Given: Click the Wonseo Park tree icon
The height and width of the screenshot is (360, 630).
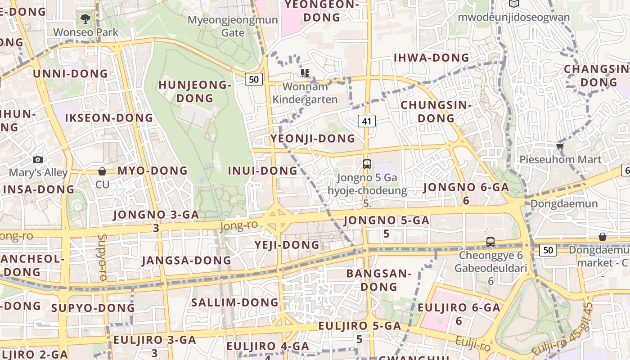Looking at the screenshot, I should tap(85, 19).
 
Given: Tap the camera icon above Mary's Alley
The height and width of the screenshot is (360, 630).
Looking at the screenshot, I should tap(38, 159).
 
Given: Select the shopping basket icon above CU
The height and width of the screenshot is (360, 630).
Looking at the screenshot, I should tap(102, 171).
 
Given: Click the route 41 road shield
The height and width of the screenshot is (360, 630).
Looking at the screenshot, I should tap(367, 121).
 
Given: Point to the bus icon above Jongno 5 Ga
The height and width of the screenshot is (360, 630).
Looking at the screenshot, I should tap(367, 164).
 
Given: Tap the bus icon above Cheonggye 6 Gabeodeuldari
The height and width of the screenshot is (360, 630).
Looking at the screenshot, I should tap(490, 242).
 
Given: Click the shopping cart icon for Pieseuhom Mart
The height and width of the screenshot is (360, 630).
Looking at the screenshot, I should tap(560, 146).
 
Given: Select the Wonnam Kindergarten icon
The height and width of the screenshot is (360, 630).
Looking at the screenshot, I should tap(305, 73).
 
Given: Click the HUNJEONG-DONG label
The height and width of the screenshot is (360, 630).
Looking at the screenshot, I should tap(195, 91).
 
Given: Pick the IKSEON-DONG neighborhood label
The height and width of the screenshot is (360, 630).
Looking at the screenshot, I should tap(109, 118).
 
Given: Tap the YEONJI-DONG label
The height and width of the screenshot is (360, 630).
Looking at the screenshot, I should tap(313, 139).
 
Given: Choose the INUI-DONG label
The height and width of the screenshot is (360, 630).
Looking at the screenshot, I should tap(263, 171).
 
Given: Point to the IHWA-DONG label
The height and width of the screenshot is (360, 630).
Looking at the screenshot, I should tap(431, 58).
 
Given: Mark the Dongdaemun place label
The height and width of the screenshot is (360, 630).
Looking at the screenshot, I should tap(564, 204).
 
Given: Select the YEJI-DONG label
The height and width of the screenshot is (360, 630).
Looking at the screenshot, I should tap(287, 245).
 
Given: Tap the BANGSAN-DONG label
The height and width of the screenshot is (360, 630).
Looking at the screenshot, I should tap(378, 280).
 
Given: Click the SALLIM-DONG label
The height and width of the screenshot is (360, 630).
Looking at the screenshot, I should tap(235, 302).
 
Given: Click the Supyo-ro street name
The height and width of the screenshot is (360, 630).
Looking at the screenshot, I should tap(102, 257).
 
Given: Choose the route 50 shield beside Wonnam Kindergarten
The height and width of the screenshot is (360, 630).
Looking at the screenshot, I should tap(254, 80).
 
